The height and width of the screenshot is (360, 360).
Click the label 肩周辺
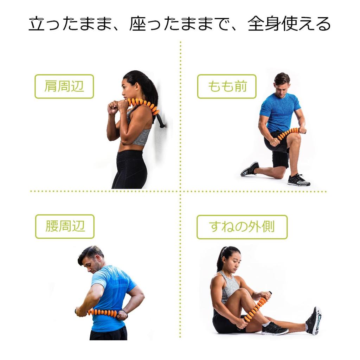point(64,86)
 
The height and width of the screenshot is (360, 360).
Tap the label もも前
point(227,86)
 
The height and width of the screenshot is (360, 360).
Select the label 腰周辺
point(65,226)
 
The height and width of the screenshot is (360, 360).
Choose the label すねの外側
point(242,227)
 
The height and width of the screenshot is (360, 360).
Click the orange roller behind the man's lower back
point(102,312)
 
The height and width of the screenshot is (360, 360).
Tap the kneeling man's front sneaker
point(298,180)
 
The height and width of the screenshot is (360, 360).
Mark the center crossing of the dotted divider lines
point(180,192)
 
